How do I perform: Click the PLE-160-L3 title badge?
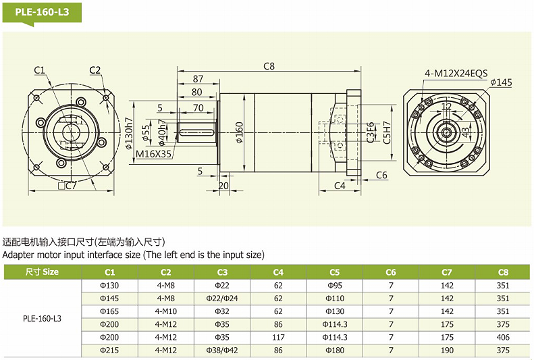[42, 11]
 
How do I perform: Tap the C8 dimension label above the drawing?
[269, 66]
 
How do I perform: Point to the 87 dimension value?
[198, 79]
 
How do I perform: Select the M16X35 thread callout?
[154, 153]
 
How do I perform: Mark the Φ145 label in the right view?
[502, 82]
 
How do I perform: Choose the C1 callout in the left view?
[39, 70]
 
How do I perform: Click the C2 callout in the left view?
[95, 70]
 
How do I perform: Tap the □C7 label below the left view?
[66, 186]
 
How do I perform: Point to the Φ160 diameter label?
[240, 134]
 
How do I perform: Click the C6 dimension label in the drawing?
[381, 175]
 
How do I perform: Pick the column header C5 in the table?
[335, 272]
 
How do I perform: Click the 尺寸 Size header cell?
[42, 272]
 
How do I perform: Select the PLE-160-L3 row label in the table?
[42, 317]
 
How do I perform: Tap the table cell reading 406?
[503, 337]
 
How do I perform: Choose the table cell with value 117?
[278, 337]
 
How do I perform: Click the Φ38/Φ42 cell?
[222, 350]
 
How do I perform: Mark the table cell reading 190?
[447, 350]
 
